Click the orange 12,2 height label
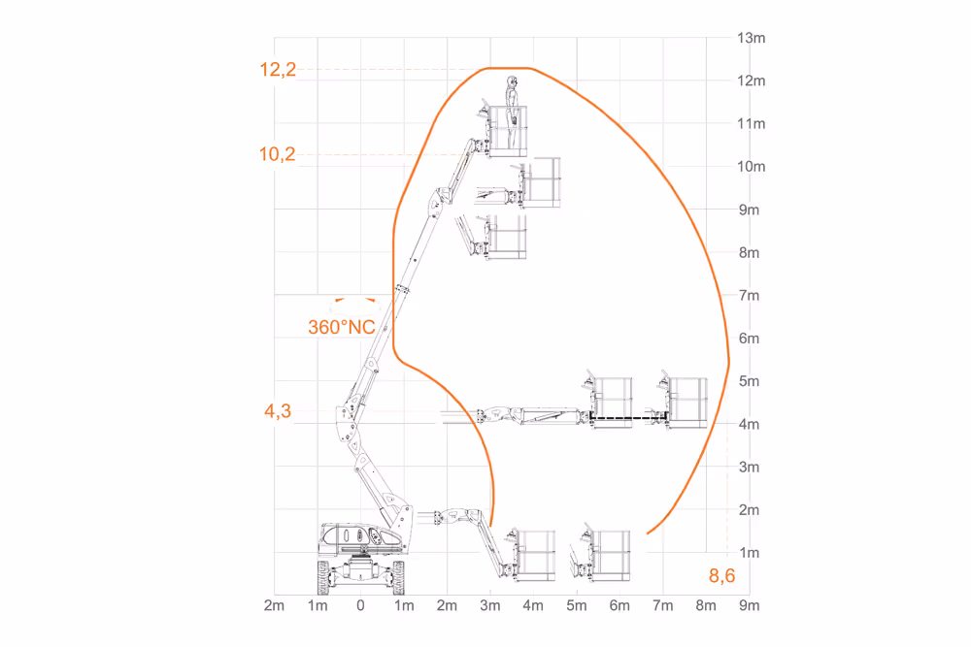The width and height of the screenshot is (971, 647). pyautogui.click(x=278, y=70)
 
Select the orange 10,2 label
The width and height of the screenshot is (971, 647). pyautogui.click(x=277, y=154)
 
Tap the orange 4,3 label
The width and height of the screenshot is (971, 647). pyautogui.click(x=278, y=410)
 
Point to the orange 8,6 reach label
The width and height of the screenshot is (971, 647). pyautogui.click(x=722, y=576)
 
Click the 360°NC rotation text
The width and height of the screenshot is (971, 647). pyautogui.click(x=342, y=327)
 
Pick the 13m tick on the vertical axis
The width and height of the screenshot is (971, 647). pyautogui.click(x=752, y=38)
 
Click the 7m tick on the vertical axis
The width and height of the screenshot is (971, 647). pyautogui.click(x=750, y=296)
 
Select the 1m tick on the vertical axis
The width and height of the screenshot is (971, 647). pyautogui.click(x=750, y=552)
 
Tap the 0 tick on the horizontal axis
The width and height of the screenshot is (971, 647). pyautogui.click(x=360, y=605)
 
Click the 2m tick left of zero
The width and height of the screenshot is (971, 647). pyautogui.click(x=275, y=605)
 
